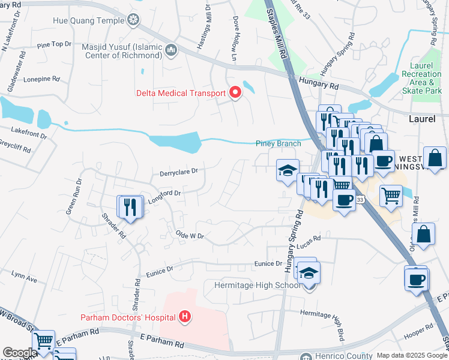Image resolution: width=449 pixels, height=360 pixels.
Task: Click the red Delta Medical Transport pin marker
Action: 235,93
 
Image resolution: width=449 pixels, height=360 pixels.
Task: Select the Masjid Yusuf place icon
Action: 170,49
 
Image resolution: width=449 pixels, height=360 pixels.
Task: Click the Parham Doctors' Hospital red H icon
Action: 185,317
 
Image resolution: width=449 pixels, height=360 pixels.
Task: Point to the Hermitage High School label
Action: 258,285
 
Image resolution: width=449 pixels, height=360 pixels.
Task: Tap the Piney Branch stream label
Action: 277,143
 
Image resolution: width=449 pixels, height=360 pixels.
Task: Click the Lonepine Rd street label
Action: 41,79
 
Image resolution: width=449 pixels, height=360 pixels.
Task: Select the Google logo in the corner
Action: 19,353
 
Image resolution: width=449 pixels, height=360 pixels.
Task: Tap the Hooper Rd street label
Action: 420,328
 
